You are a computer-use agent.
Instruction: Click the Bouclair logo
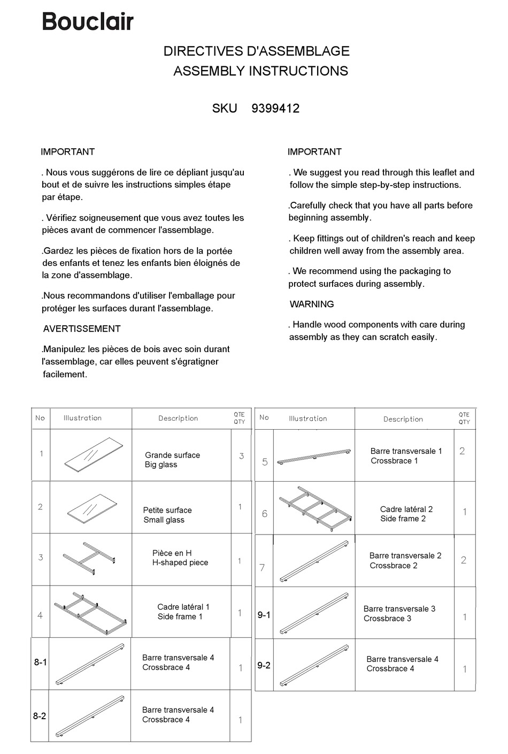click(x=88, y=21)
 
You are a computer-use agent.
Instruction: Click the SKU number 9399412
click(x=275, y=109)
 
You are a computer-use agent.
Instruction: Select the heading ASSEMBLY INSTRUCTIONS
click(x=260, y=71)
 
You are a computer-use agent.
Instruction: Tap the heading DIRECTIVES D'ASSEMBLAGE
click(x=256, y=51)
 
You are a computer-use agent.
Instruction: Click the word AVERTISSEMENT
click(x=82, y=329)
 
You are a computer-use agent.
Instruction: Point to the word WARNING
click(x=312, y=304)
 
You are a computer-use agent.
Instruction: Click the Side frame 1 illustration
click(x=90, y=613)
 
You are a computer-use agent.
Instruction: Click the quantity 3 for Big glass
click(x=242, y=456)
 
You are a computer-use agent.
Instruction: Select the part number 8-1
click(x=41, y=662)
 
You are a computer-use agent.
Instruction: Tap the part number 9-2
click(x=264, y=665)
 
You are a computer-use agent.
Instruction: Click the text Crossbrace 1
click(x=394, y=461)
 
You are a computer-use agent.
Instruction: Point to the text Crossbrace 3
click(x=387, y=619)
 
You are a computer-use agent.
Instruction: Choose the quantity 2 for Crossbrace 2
click(x=464, y=560)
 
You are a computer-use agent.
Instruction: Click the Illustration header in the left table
click(x=82, y=418)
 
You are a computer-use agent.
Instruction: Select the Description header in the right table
click(x=403, y=419)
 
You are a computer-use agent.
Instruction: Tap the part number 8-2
click(x=40, y=715)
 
